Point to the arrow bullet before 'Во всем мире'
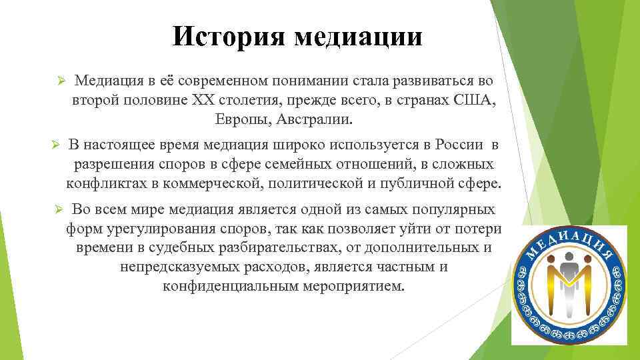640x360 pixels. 58,209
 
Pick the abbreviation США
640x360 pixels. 473,101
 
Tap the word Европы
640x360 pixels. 238,121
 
